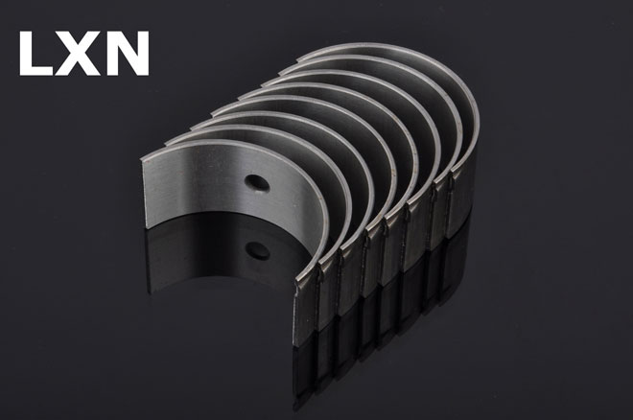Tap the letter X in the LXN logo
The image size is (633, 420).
[x=79, y=54]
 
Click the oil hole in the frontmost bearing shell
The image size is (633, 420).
[x=257, y=182]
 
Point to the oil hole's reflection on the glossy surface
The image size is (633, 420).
[x=257, y=250]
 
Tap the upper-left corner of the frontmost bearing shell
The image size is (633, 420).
[x=142, y=160]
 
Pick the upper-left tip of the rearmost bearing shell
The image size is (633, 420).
[x=298, y=60]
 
